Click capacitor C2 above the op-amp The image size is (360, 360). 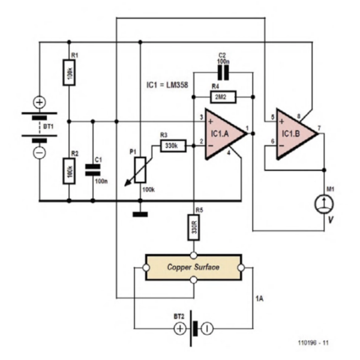[x=224, y=73]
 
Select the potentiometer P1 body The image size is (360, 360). [x=140, y=169]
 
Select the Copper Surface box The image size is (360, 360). [x=193, y=267]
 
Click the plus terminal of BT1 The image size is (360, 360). [x=39, y=103]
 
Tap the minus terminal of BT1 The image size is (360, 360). [x=39, y=152]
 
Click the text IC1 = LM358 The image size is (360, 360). [x=168, y=85]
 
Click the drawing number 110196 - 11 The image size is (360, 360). [x=313, y=343]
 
